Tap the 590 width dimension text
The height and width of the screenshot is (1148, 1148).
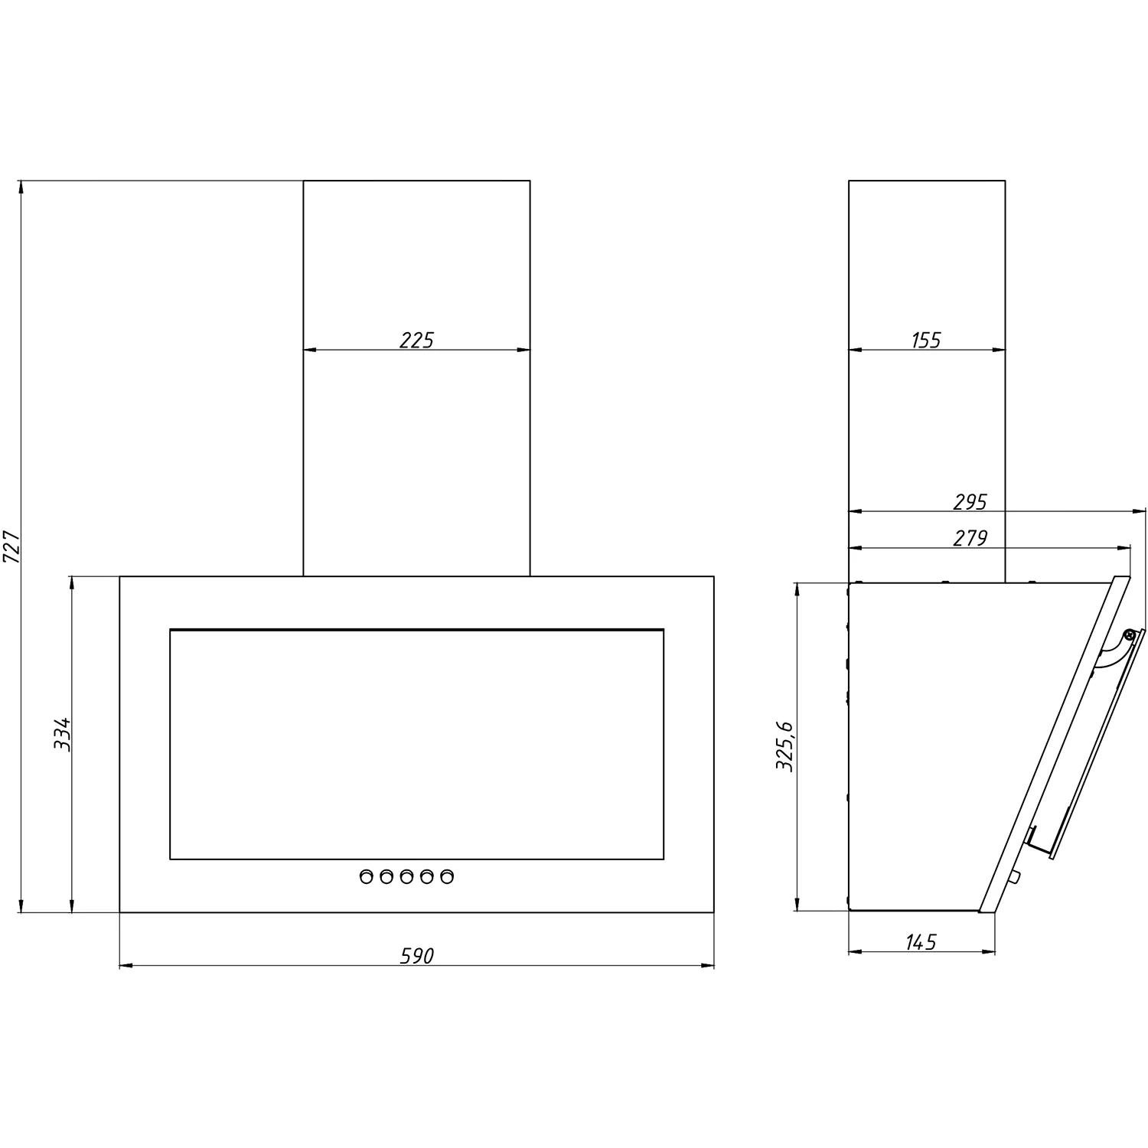click(x=417, y=955)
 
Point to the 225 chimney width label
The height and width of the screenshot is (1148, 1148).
click(x=416, y=340)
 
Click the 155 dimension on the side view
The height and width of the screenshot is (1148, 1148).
click(x=926, y=340)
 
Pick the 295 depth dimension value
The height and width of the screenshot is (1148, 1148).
click(x=970, y=502)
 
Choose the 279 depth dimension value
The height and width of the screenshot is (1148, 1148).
click(x=970, y=538)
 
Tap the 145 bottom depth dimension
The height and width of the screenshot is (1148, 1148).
click(x=921, y=941)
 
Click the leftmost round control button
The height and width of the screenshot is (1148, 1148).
click(x=367, y=876)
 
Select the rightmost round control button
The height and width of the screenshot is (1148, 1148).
click(x=446, y=876)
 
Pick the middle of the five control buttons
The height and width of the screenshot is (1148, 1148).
click(x=406, y=876)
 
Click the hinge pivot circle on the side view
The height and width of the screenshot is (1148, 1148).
click(x=1128, y=634)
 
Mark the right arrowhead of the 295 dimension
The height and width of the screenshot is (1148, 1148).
click(x=1140, y=511)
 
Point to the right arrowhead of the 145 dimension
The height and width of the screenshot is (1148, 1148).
click(x=988, y=952)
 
